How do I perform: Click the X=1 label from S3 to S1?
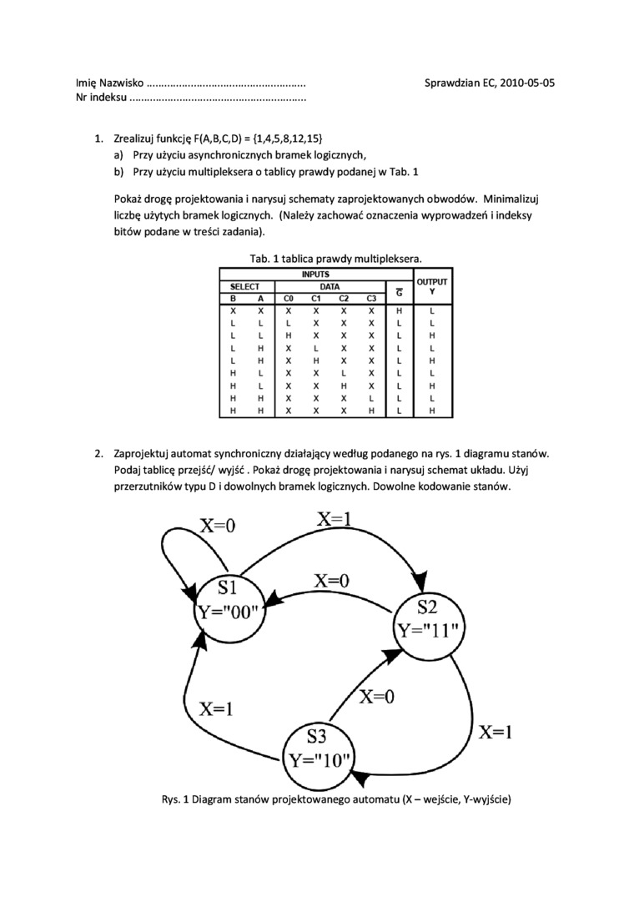pyautogui.click(x=216, y=709)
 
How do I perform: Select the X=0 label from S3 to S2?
pyautogui.click(x=377, y=697)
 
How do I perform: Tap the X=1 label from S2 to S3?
pyautogui.click(x=496, y=732)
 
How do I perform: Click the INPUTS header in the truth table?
pyautogui.click(x=315, y=275)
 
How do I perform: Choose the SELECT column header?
pyautogui.click(x=245, y=286)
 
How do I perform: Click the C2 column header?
pyautogui.click(x=343, y=298)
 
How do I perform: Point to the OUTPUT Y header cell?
pyautogui.click(x=432, y=286)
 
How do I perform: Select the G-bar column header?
pyautogui.click(x=400, y=293)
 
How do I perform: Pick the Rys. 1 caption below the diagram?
pyautogui.click(x=335, y=799)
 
